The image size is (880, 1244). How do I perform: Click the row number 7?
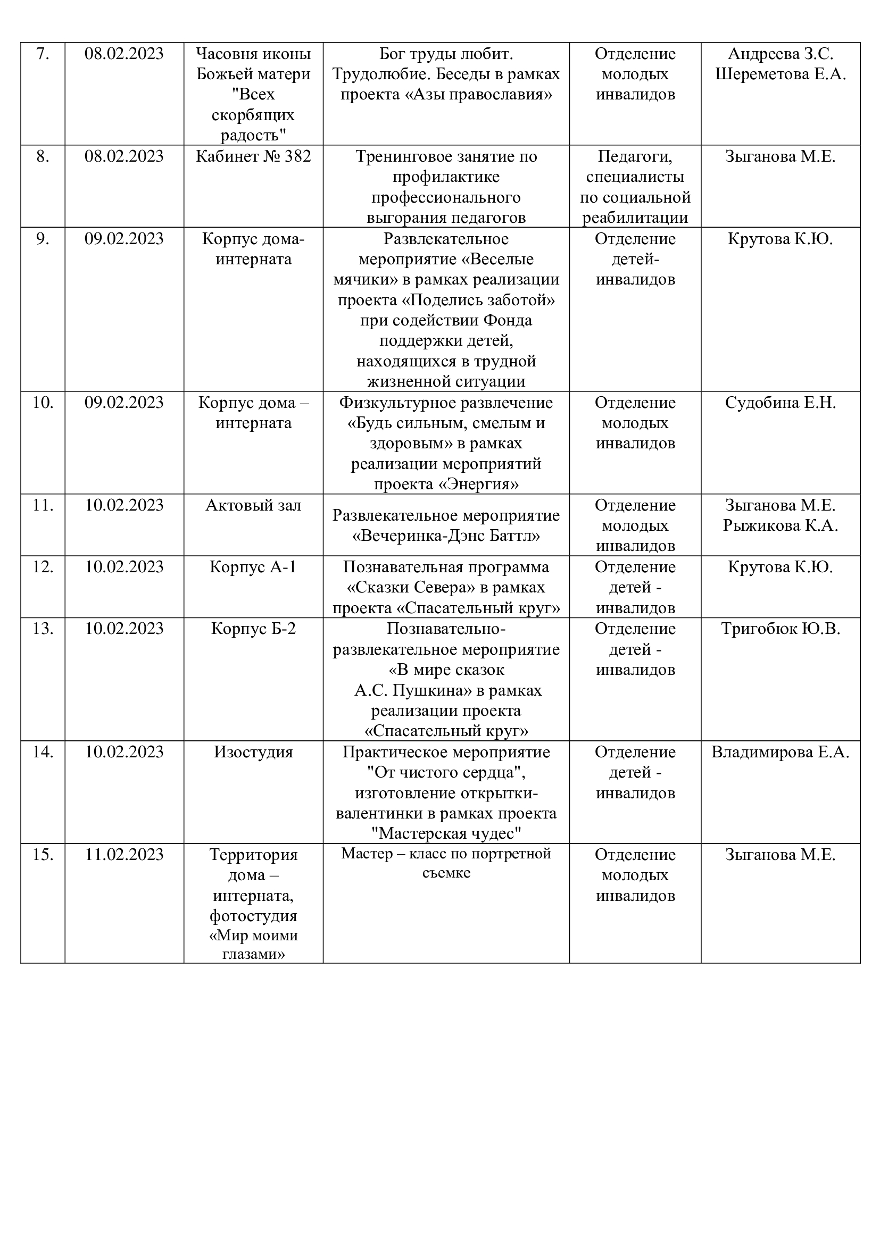tap(42, 54)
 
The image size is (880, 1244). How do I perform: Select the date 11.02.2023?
tap(124, 855)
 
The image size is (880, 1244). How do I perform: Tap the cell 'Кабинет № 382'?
tap(253, 156)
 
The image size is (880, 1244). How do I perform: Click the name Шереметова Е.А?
tap(781, 74)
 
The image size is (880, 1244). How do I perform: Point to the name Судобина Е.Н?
tap(781, 403)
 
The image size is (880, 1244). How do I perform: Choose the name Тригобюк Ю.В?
tap(781, 629)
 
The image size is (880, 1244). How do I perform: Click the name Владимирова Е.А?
tap(781, 752)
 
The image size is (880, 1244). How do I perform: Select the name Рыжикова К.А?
tap(781, 525)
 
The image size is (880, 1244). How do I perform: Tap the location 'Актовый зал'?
tap(253, 505)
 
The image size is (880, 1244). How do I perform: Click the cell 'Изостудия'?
tap(253, 752)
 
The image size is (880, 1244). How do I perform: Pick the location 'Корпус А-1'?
tap(253, 567)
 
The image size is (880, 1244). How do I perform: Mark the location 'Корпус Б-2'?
tap(253, 629)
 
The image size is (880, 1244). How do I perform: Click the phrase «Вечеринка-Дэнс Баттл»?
tap(446, 537)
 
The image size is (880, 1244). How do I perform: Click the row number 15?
tap(42, 855)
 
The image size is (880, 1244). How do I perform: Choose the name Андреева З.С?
tap(781, 54)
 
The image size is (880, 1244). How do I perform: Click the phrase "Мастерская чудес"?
tap(446, 833)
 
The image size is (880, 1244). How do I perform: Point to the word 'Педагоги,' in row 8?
tap(635, 156)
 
